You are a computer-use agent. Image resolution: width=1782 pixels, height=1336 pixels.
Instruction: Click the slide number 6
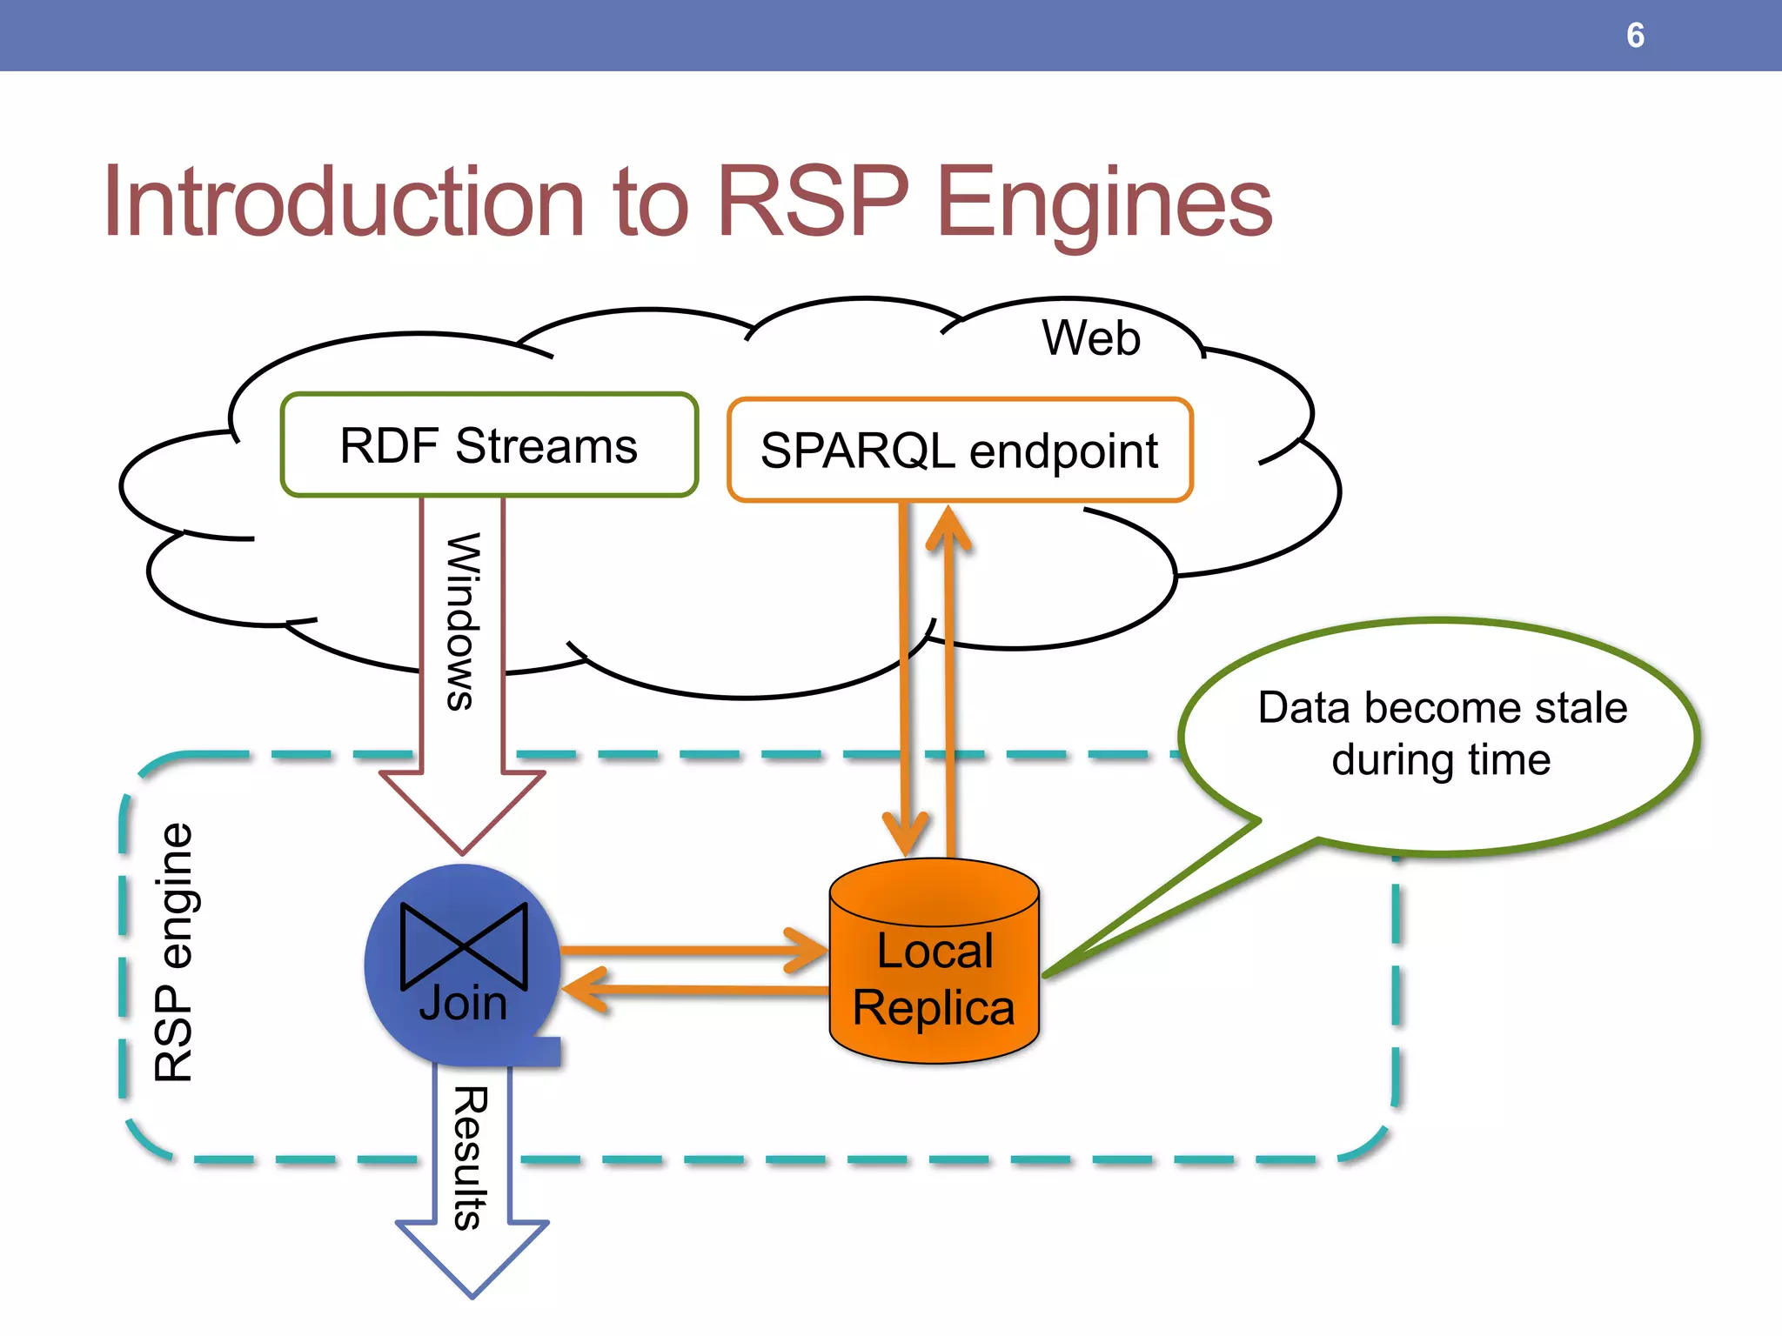click(x=1635, y=36)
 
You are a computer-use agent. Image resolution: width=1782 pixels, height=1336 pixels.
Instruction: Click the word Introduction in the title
click(x=344, y=202)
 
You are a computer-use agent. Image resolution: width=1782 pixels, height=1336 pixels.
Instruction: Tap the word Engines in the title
click(x=1104, y=204)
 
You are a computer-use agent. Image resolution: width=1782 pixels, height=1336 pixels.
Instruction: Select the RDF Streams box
click(x=489, y=445)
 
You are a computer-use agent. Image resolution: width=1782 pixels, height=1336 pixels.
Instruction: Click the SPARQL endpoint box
click(x=960, y=450)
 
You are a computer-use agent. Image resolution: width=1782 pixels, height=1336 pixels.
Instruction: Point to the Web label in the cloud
click(x=1091, y=337)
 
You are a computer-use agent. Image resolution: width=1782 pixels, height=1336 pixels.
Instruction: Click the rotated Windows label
click(x=462, y=621)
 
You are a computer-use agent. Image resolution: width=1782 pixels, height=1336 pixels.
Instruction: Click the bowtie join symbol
click(x=464, y=945)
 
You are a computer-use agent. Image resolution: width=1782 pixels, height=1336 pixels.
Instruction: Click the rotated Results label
click(x=470, y=1157)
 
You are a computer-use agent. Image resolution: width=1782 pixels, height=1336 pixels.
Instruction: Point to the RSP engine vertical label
click(x=173, y=952)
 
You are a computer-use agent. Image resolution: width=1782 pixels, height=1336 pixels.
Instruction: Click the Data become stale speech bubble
click(x=1441, y=735)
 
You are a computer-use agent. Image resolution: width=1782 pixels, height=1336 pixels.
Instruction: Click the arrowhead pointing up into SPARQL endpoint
click(x=948, y=526)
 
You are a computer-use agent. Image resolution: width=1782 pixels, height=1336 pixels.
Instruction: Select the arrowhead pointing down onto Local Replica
click(x=906, y=835)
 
